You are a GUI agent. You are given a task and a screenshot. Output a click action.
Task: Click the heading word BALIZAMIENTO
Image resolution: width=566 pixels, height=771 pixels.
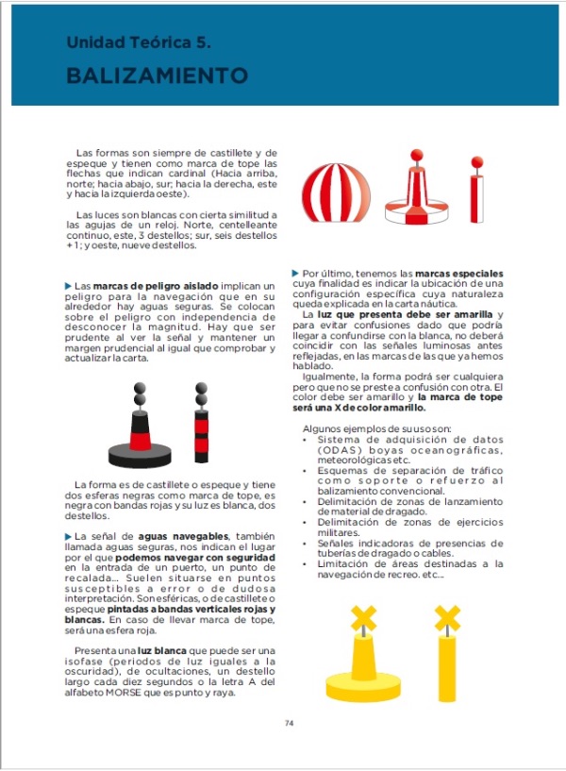point(157,75)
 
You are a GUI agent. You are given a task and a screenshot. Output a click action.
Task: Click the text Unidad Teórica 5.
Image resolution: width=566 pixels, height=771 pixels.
point(138,43)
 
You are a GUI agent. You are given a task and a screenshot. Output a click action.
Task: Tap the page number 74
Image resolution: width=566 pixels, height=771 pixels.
point(289,724)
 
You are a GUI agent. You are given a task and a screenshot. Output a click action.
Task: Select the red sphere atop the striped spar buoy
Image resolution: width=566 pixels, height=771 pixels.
point(476,162)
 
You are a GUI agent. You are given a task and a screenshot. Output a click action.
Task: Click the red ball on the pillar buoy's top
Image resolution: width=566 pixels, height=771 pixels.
point(414,155)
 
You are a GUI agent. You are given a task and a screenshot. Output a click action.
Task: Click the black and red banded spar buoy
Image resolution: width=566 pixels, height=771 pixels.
point(200,425)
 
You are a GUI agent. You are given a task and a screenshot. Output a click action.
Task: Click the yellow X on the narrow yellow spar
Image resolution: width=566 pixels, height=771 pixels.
point(447,619)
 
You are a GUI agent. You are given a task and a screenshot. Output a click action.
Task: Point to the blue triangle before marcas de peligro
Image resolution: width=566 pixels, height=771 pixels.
point(68,286)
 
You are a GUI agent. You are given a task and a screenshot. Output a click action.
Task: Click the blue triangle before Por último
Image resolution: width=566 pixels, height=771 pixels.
point(295,274)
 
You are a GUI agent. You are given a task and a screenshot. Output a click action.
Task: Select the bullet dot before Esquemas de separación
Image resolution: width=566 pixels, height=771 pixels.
point(304,470)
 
